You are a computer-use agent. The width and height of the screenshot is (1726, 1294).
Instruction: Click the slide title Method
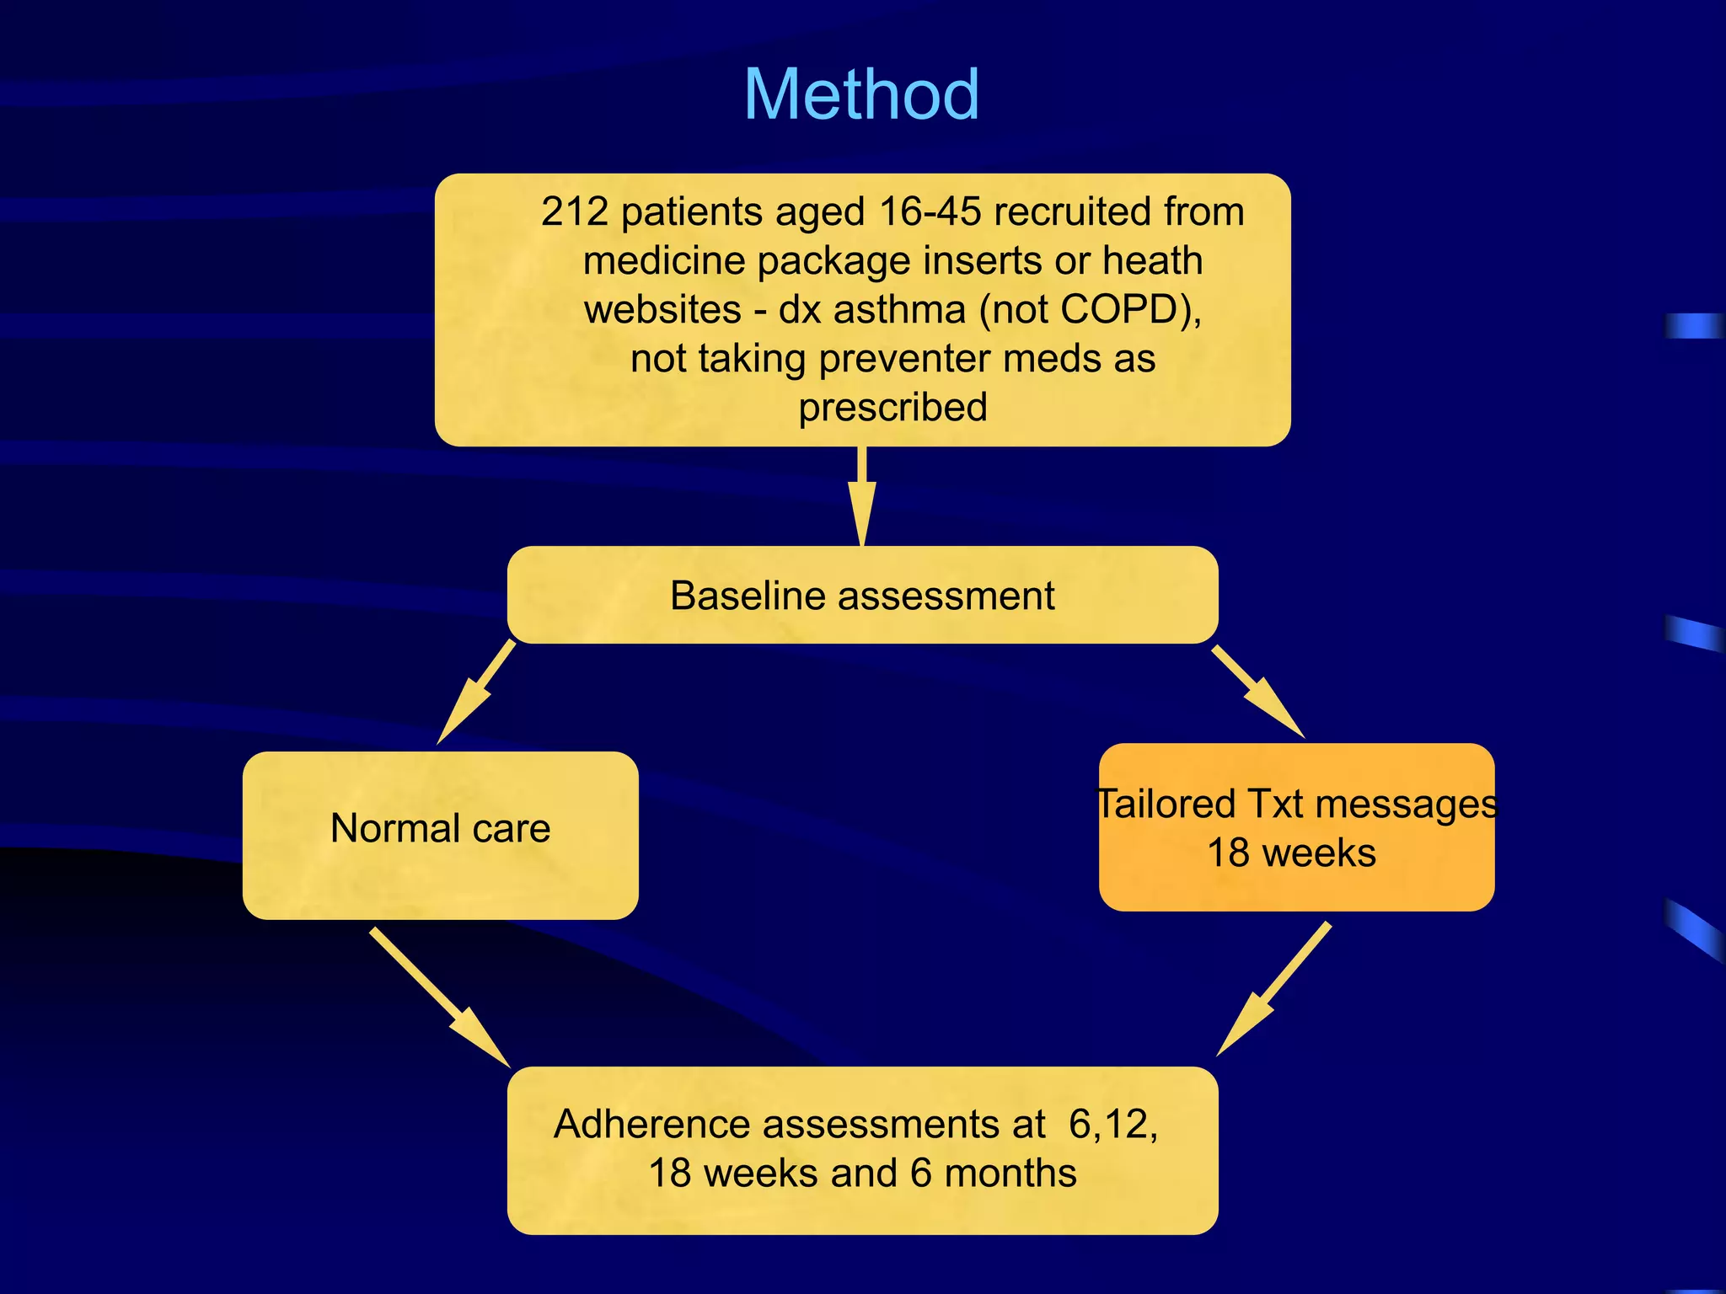(861, 94)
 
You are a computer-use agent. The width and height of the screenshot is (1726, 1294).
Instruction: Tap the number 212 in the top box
(575, 212)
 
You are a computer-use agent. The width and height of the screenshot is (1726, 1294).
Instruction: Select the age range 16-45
(930, 212)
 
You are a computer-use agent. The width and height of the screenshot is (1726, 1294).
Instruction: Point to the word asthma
(900, 310)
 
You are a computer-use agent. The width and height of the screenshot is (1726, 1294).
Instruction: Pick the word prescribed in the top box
(892, 408)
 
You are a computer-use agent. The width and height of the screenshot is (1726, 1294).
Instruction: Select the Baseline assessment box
(862, 596)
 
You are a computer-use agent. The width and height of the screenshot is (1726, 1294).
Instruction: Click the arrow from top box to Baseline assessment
(862, 497)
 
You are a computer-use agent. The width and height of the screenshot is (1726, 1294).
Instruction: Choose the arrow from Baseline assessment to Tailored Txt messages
(1258, 692)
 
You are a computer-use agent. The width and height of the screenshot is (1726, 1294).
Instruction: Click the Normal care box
(440, 834)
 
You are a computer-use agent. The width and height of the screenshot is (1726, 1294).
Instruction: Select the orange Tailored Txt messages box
(1296, 827)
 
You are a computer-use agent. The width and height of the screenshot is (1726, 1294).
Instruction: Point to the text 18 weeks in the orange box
(1291, 853)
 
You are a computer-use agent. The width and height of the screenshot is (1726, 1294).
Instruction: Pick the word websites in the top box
(662, 310)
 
